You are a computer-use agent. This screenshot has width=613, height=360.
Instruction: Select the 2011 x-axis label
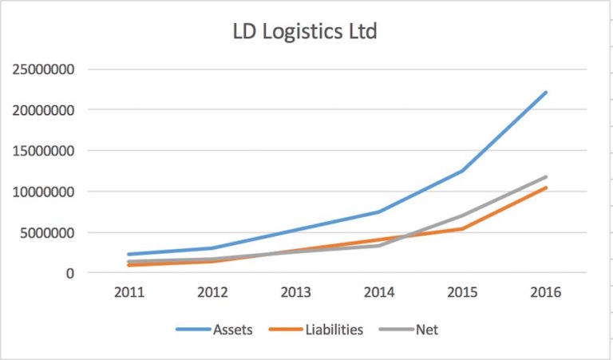coord(129,292)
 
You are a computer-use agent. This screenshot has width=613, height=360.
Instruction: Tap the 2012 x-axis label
coord(212,292)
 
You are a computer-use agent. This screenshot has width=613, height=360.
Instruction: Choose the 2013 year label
coord(295,292)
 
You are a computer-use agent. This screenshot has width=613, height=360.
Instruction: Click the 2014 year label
coord(379,292)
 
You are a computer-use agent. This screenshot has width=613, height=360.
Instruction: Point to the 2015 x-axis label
coord(462,292)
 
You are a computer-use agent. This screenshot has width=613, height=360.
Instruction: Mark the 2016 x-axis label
coord(546,292)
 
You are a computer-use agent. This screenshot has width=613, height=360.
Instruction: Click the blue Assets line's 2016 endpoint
coord(546,93)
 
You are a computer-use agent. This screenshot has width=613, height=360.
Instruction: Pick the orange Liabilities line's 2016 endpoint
coord(546,188)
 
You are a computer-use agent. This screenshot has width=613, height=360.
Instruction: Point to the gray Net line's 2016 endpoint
coord(546,177)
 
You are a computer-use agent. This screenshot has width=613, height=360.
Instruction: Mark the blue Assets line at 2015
coord(462,171)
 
